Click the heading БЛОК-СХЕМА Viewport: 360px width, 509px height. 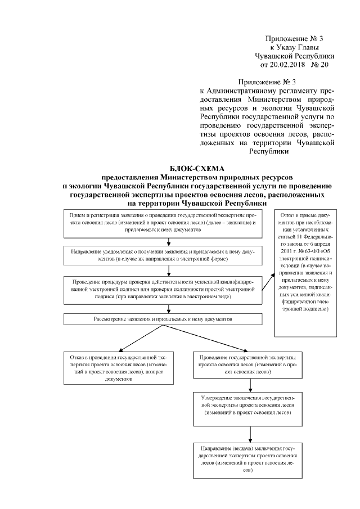coord(197,169)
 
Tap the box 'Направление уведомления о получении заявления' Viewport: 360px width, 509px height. coord(163,256)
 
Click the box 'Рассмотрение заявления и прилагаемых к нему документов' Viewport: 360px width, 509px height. coord(163,319)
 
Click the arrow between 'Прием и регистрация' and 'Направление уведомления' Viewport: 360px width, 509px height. coord(163,242)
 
